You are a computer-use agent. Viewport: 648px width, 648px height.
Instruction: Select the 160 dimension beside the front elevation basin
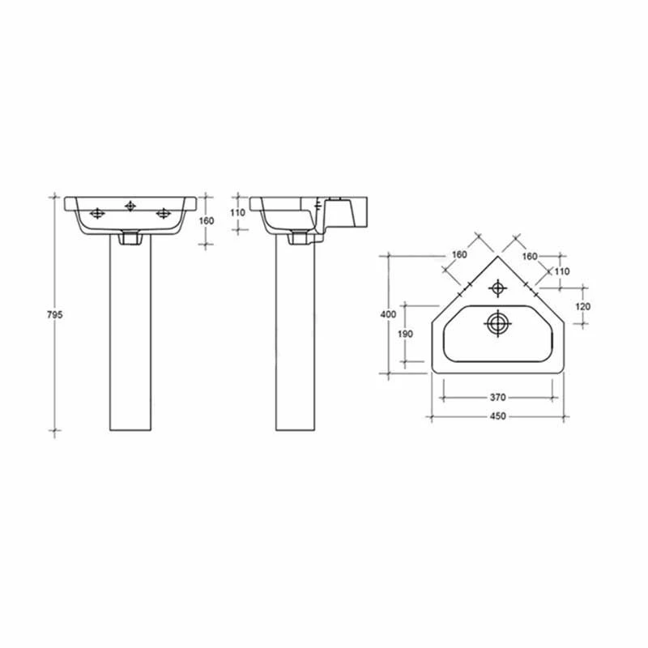(207, 220)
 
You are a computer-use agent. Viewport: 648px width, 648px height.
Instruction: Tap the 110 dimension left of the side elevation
(237, 212)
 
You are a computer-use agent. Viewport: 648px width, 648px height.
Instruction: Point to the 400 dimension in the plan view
(390, 313)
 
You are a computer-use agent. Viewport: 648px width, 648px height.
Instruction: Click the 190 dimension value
(406, 334)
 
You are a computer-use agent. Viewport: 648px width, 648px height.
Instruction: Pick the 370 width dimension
(497, 397)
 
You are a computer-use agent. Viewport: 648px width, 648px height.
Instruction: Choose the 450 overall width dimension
(497, 416)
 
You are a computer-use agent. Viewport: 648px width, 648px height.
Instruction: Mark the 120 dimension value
(583, 306)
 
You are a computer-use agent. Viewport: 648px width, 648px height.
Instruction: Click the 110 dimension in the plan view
(562, 271)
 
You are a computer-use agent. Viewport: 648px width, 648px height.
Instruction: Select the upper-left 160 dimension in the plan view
(459, 255)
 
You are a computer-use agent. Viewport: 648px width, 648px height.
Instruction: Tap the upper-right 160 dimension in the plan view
(530, 256)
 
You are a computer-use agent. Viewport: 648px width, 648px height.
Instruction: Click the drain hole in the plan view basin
(498, 323)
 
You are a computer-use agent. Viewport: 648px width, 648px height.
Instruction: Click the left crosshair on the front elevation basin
(97, 214)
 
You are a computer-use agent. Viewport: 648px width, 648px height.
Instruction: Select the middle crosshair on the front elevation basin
(130, 206)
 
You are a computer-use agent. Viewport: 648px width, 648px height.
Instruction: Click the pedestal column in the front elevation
(130, 340)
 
